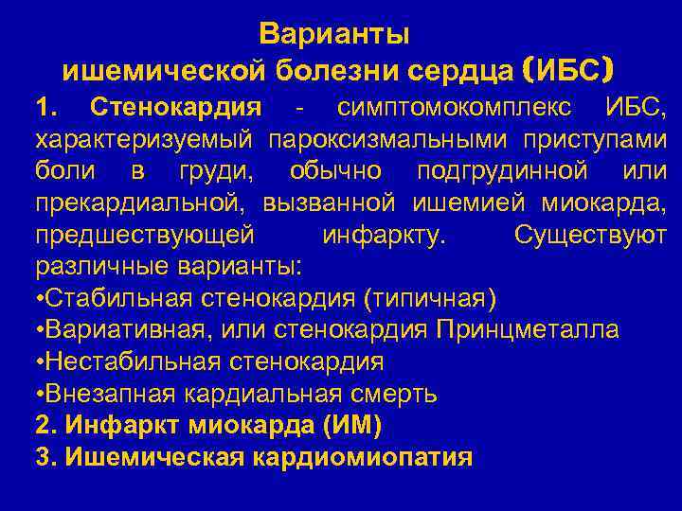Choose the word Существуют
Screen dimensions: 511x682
590,236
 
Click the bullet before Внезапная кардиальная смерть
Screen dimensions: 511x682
40,394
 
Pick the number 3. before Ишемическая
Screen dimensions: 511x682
45,457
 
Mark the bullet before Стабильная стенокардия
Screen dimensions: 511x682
40,299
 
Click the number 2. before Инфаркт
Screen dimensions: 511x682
45,426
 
